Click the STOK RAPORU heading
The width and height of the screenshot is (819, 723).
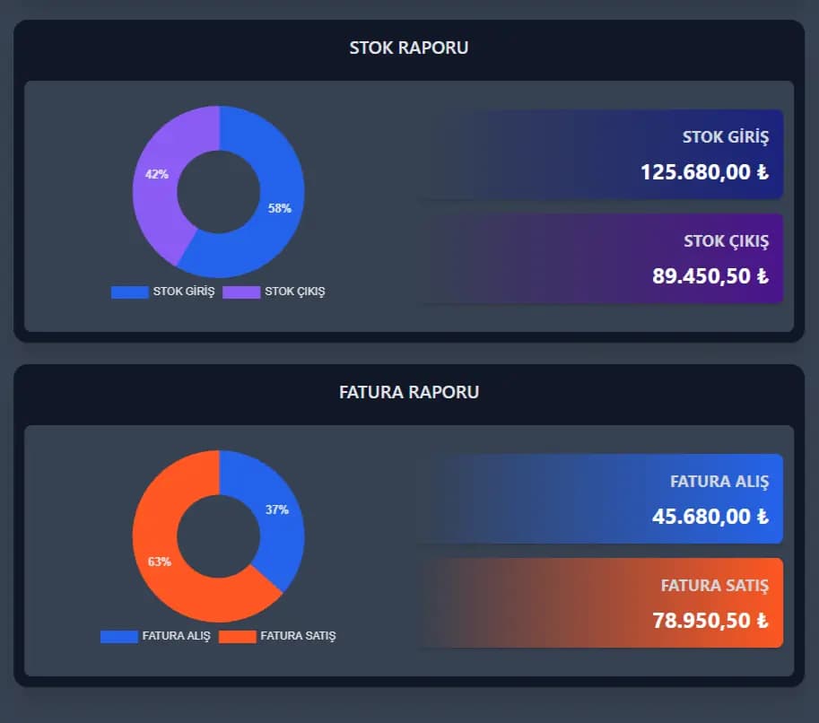408,48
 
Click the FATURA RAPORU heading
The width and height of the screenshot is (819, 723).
408,392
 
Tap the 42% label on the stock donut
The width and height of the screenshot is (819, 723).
157,174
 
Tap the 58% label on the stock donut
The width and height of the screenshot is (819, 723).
280,208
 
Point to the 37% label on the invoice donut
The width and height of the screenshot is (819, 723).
277,510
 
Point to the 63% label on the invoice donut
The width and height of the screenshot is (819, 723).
160,562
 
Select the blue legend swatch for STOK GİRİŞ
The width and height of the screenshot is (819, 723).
129,292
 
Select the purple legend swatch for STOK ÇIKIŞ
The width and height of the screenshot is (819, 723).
241,292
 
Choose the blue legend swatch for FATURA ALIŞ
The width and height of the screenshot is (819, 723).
118,636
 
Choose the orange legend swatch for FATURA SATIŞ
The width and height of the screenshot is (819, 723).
237,636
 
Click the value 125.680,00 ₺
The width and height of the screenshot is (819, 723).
704,172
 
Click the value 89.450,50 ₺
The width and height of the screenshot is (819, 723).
710,276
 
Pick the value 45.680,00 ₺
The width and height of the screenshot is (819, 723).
710,517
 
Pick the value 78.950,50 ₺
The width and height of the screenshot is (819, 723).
710,621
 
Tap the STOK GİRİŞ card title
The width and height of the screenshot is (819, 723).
726,137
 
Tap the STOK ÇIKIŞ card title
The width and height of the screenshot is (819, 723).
726,241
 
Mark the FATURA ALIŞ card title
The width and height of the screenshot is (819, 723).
719,482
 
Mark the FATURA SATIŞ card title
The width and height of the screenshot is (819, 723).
715,586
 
